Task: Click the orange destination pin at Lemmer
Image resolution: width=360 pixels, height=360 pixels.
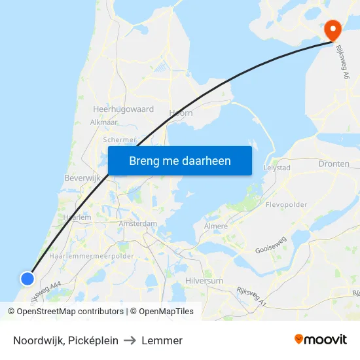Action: click(333, 28)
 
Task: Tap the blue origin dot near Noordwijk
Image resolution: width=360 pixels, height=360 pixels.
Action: click(27, 279)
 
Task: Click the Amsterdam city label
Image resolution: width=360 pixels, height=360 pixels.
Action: click(138, 224)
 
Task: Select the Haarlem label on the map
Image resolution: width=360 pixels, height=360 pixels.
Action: click(77, 217)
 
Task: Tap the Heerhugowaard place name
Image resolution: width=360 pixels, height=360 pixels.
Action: click(124, 109)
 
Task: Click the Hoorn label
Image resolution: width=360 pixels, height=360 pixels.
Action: click(181, 113)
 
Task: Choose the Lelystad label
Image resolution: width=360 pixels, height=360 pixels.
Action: click(276, 168)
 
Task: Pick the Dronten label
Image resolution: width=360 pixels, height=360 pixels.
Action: click(333, 164)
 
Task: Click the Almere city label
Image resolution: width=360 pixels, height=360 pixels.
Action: click(216, 226)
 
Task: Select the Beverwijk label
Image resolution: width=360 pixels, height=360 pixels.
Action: click(81, 178)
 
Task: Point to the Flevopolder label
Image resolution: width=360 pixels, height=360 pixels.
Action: click(286, 205)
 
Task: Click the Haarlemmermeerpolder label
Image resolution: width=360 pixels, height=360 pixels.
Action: click(96, 256)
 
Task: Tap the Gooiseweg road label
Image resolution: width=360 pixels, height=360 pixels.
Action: click(271, 246)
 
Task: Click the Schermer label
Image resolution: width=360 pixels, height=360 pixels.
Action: click(120, 139)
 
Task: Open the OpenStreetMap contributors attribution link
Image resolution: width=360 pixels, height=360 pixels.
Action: click(69, 312)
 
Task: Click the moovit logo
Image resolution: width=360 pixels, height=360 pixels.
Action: click(320, 339)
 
